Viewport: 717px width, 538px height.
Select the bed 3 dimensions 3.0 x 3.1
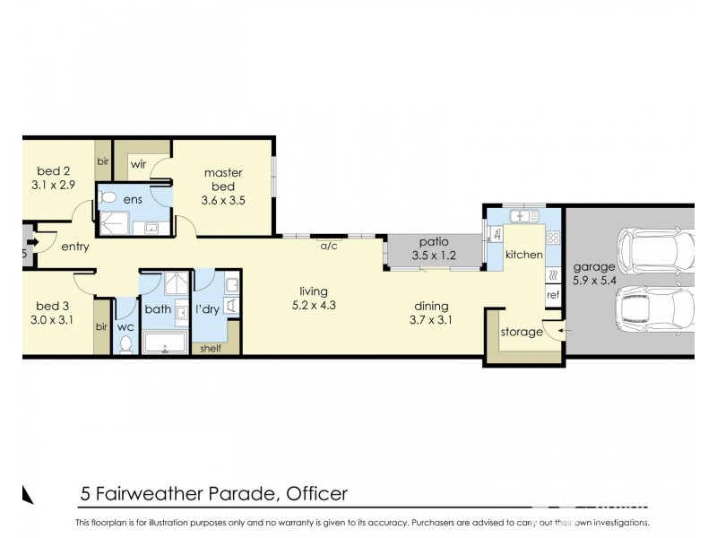tap(53, 318)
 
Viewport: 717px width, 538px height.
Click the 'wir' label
tap(139, 165)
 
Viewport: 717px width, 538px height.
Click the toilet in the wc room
tap(125, 345)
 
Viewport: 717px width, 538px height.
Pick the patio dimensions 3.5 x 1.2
tap(433, 256)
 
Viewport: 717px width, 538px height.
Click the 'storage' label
tap(522, 332)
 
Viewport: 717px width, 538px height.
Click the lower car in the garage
tap(655, 310)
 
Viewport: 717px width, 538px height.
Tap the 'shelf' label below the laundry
tap(212, 350)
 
